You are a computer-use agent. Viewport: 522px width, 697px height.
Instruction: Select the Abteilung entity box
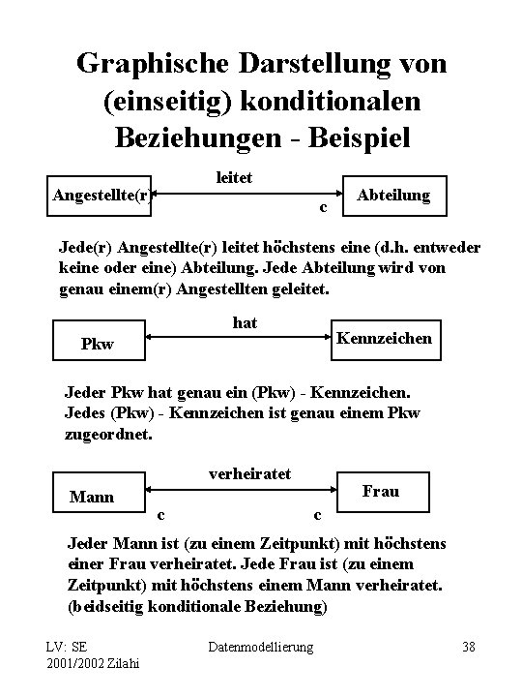(x=393, y=197)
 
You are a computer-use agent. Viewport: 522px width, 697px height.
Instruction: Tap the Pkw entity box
(x=97, y=344)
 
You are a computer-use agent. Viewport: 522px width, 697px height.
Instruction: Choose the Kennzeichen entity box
(x=384, y=339)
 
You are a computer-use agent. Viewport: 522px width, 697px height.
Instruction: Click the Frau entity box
(x=380, y=491)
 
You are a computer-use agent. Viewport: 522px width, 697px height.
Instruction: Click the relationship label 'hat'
(x=246, y=323)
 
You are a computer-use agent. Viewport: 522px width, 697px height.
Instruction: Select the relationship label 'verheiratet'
(x=250, y=473)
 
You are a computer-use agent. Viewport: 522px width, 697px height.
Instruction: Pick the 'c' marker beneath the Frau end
(x=318, y=513)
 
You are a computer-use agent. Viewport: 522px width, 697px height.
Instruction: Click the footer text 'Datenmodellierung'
(x=262, y=646)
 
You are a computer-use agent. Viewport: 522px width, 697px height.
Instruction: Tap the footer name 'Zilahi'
(x=118, y=663)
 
